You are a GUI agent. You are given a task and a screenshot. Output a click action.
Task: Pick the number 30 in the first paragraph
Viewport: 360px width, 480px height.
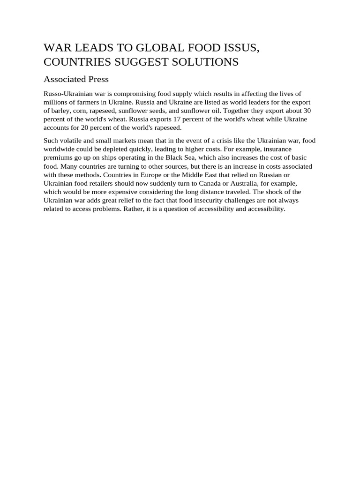click(307, 111)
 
